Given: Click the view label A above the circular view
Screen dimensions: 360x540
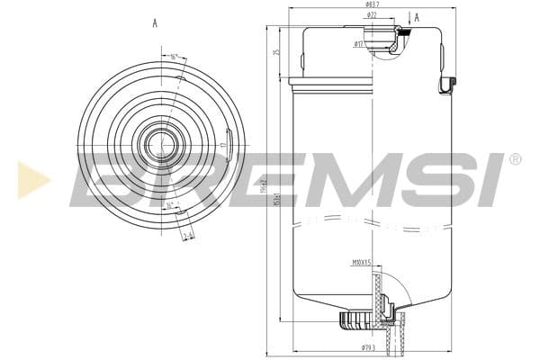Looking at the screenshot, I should [156, 24].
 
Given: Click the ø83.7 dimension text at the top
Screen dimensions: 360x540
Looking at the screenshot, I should [371, 4].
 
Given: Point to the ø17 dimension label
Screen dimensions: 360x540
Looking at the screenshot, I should [358, 43].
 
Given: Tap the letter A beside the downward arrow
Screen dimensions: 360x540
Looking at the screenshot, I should [416, 16].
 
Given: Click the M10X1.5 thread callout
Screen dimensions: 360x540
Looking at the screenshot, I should [363, 264].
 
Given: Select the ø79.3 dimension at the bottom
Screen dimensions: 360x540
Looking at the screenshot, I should [367, 346].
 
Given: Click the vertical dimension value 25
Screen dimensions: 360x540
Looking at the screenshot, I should [277, 52].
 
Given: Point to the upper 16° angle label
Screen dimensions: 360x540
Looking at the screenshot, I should [173, 57].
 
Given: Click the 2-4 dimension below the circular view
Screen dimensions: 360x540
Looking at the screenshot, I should [187, 237].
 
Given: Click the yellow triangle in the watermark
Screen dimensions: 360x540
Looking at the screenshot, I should [32, 180].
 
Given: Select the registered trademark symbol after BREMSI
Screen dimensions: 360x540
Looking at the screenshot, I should [515, 159].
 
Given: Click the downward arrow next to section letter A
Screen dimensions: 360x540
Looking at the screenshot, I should [409, 18].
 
